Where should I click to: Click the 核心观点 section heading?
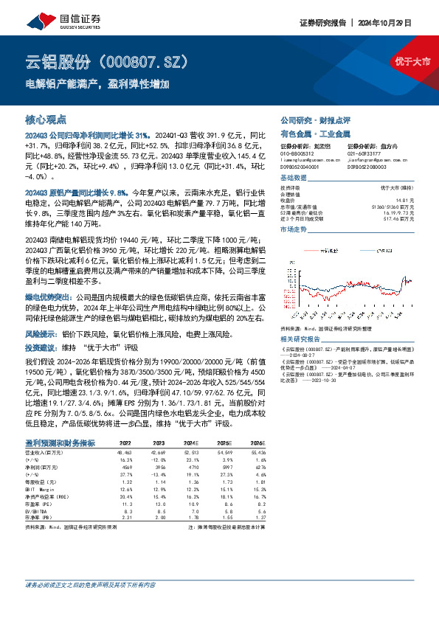46,119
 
